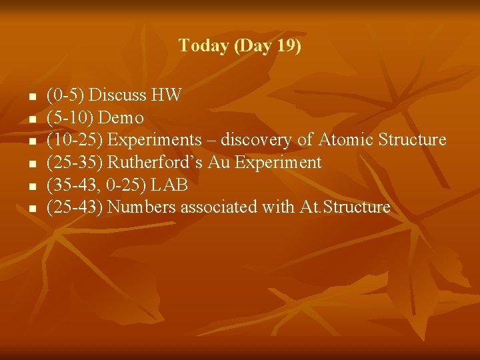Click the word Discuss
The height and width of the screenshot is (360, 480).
pos(119,95)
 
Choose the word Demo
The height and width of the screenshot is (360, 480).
pos(121,118)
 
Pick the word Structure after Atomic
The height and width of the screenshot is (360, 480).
pos(412,140)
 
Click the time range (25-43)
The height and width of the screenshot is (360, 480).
pos(75,207)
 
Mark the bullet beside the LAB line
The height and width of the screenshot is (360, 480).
pos(31,186)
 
